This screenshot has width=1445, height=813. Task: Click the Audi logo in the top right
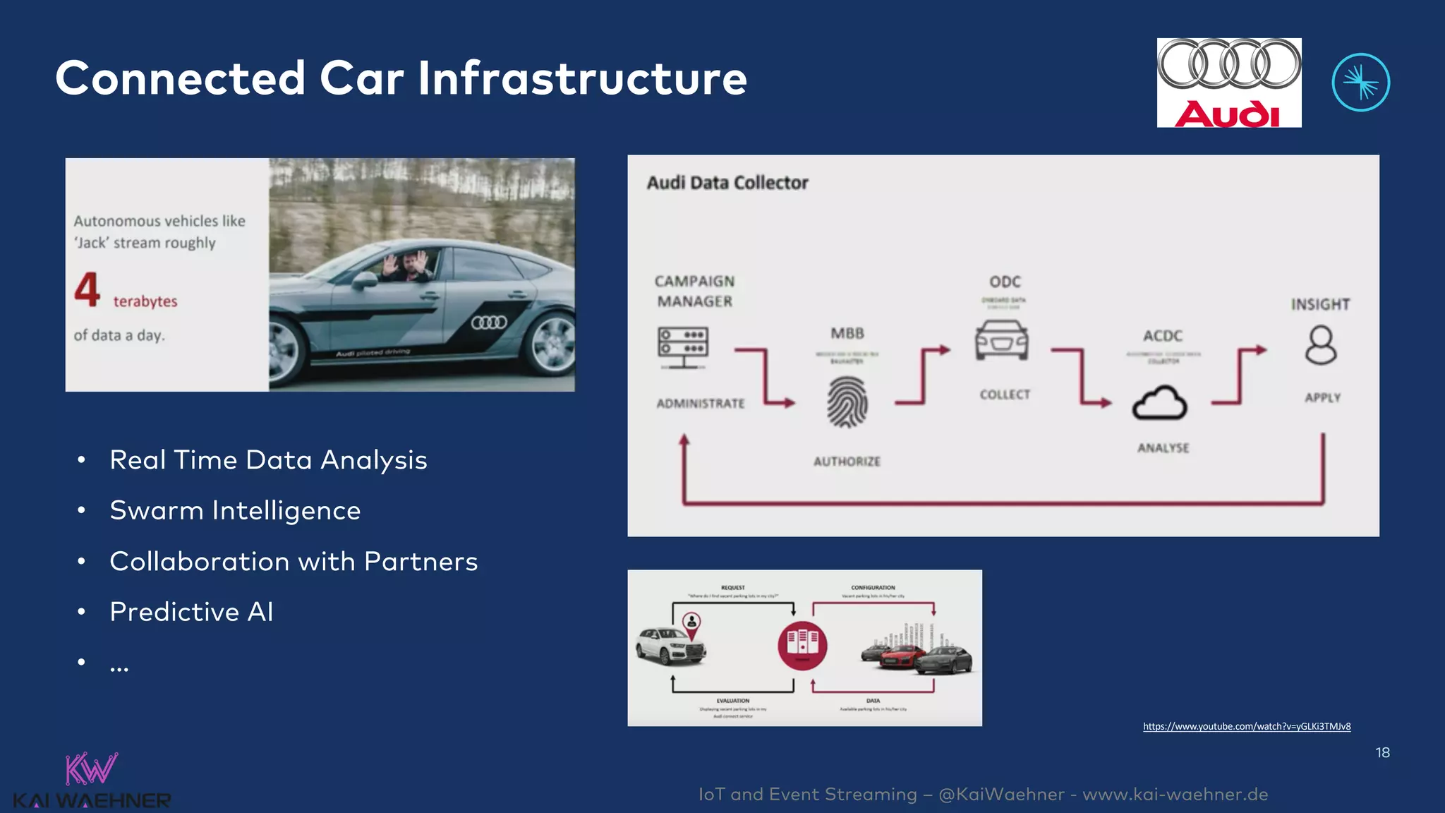(1228, 83)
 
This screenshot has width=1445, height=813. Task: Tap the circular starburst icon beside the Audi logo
(1360, 83)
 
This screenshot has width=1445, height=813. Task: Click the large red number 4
(87, 289)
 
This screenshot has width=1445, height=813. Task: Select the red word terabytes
(145, 301)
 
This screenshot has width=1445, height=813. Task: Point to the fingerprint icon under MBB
(847, 402)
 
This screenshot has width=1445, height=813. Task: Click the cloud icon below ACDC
(1159, 403)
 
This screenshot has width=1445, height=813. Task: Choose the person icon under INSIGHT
(1320, 345)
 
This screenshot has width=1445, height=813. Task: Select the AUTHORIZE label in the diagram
(847, 462)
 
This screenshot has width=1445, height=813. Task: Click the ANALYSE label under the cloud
(1163, 448)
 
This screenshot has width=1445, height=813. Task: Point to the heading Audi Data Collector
(727, 183)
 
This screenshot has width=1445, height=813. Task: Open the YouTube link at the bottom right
(1246, 726)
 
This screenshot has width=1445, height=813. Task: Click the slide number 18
(1382, 753)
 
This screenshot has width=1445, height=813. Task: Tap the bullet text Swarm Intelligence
(235, 510)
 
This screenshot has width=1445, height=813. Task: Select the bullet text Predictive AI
(191, 612)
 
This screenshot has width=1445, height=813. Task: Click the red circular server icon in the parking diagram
(802, 645)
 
